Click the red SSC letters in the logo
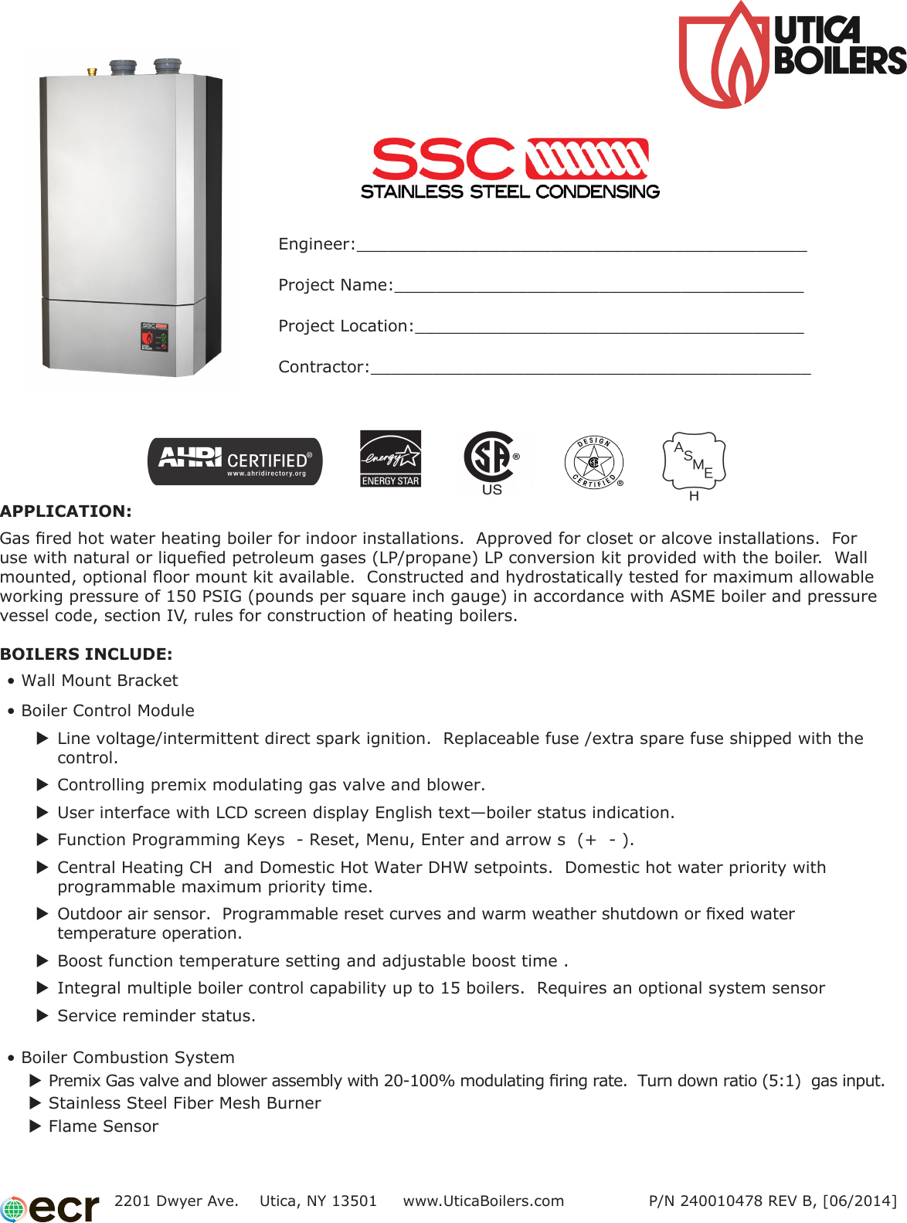(x=443, y=159)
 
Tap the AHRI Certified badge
(x=235, y=461)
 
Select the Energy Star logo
(x=391, y=458)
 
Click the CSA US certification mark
(x=491, y=461)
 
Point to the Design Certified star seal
(x=593, y=462)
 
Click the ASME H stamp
(x=694, y=464)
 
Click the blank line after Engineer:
(x=581, y=246)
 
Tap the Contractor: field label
(x=324, y=367)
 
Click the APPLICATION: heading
(x=66, y=511)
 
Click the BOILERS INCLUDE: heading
(x=86, y=654)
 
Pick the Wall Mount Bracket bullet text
(x=100, y=681)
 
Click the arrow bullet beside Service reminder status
(x=43, y=1015)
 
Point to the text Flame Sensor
(x=104, y=1126)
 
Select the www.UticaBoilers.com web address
(x=484, y=1201)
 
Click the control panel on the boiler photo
(x=154, y=337)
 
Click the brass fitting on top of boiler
(x=93, y=72)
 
